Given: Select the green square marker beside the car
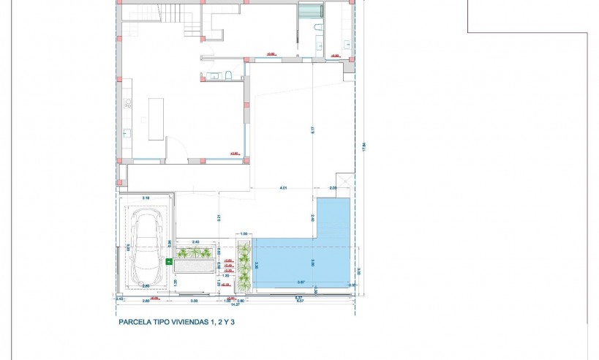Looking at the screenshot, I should click(x=169, y=260).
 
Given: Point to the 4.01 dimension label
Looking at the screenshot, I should click(x=282, y=189).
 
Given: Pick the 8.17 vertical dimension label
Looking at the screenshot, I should click(x=312, y=132).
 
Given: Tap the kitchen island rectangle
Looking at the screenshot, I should click(x=156, y=119).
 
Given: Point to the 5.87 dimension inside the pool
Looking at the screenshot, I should click(x=301, y=282).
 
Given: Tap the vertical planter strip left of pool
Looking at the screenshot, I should click(x=244, y=267).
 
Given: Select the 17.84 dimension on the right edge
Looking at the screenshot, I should click(x=363, y=146).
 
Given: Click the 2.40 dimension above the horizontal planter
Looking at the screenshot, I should click(x=195, y=241).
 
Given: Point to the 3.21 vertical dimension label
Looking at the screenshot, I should click(x=219, y=217).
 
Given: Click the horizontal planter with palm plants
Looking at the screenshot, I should click(x=195, y=253).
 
